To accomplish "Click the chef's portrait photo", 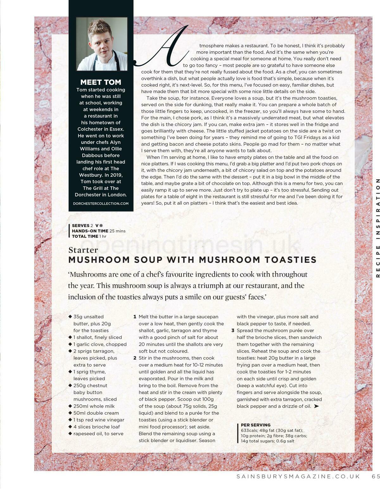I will (102, 44).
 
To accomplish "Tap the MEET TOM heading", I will (101, 82).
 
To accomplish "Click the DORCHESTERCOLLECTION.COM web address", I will (101, 204).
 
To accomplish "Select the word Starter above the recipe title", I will (83, 250).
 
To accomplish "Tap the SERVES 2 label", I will (82, 226).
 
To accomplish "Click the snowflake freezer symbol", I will (101, 226).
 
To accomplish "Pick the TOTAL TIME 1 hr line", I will (89, 236).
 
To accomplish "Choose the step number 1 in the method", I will (135, 317).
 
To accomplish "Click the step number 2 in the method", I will (135, 358).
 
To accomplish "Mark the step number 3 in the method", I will (233, 331).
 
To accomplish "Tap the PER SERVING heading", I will (256, 425).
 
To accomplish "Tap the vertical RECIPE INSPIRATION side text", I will (377, 228).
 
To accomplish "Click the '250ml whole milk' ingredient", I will (94, 406).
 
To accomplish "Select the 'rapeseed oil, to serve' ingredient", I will (98, 434).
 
